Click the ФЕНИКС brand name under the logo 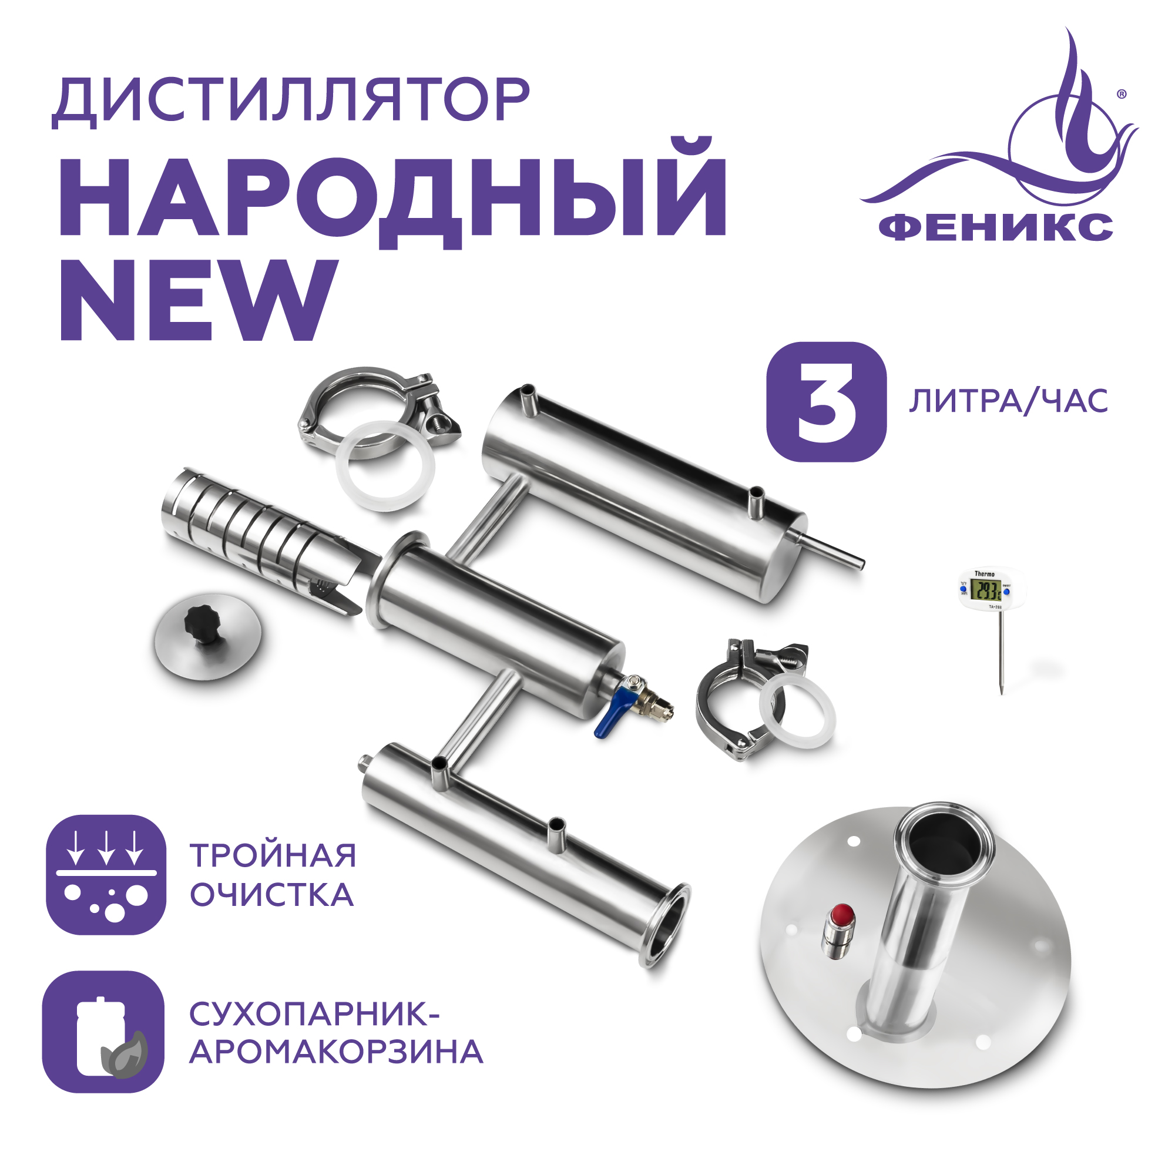tap(996, 227)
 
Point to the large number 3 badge tap(826, 402)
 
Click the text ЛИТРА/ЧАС tap(1008, 402)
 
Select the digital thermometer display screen tap(985, 589)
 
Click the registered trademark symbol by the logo tap(1122, 94)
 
